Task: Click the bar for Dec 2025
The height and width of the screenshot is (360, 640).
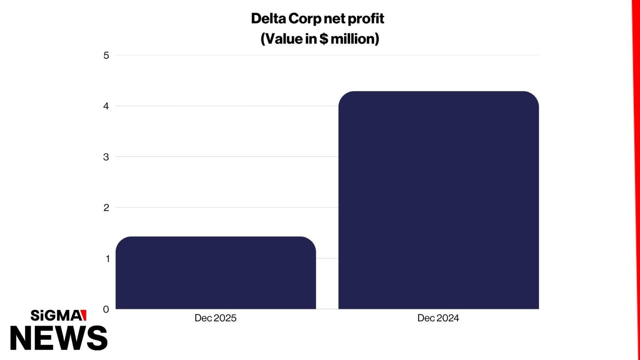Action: click(x=215, y=273)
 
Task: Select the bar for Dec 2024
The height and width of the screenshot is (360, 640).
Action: click(x=438, y=200)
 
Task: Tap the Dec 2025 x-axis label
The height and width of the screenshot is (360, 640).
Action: click(x=215, y=318)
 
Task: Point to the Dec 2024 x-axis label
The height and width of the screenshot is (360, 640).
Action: click(x=438, y=318)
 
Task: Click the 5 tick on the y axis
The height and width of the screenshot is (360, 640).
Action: click(x=106, y=55)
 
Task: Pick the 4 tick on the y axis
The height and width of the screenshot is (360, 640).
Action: click(x=106, y=106)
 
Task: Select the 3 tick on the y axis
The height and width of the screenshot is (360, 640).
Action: click(x=106, y=157)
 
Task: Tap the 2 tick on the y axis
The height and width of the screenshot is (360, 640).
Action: click(x=106, y=208)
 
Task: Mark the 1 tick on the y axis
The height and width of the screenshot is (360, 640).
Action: click(x=107, y=259)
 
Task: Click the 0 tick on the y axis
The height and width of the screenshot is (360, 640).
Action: click(x=106, y=309)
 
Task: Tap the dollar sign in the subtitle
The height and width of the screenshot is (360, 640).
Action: click(x=324, y=39)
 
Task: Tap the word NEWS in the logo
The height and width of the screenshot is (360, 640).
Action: click(x=59, y=337)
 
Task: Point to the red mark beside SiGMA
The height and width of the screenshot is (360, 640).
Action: click(x=84, y=315)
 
